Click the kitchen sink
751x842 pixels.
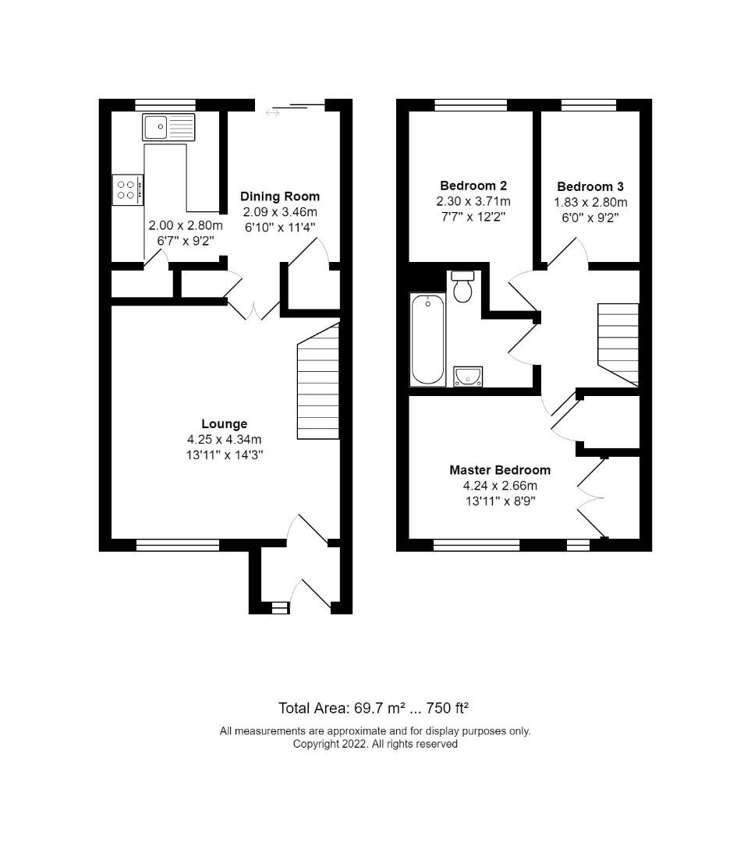168,127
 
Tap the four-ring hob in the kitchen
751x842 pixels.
128,189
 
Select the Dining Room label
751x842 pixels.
280,196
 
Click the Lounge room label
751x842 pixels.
225,423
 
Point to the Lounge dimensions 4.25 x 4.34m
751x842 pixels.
225,440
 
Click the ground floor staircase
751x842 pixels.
318,381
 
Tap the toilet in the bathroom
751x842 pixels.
462,286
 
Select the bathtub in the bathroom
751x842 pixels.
427,339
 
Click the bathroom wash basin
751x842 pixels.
468,377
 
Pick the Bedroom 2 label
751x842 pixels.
473,186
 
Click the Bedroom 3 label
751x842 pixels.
590,187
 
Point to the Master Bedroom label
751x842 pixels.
500,470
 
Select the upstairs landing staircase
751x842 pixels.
618,345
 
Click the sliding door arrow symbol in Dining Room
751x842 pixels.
272,112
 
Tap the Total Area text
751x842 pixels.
374,708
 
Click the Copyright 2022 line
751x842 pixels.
375,745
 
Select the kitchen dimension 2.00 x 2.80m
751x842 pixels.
186,225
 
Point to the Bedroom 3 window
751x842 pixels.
589,105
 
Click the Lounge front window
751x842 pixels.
178,546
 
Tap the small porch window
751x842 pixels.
280,608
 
